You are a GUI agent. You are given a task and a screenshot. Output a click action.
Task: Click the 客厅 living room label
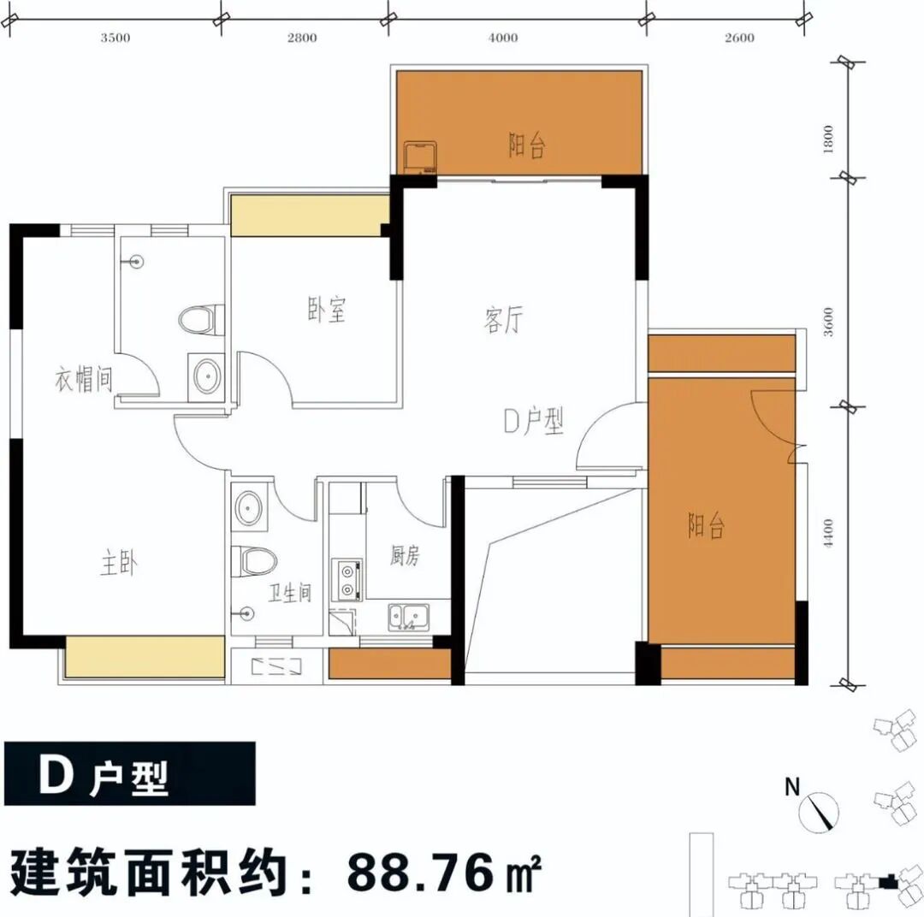click(503, 322)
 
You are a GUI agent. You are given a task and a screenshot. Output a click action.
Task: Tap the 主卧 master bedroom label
click(120, 564)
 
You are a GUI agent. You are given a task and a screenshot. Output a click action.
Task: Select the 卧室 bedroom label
click(327, 310)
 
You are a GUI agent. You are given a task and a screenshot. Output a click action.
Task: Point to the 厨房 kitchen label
click(405, 556)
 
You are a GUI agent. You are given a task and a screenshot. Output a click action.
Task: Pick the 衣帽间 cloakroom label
click(84, 379)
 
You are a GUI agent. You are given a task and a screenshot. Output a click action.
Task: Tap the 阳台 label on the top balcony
click(527, 146)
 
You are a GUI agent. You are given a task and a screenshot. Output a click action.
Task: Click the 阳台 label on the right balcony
click(707, 525)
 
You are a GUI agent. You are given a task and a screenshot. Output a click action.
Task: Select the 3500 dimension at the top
click(115, 38)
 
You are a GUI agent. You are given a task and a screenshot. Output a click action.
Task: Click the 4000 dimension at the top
click(504, 38)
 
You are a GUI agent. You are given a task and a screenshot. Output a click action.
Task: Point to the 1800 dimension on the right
click(826, 139)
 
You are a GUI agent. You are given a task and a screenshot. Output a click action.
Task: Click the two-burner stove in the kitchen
click(348, 577)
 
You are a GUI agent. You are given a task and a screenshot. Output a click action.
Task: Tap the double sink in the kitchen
click(407, 615)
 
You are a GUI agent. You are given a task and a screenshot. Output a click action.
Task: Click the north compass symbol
click(820, 810)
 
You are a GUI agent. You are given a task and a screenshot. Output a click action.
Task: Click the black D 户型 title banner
click(128, 772)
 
